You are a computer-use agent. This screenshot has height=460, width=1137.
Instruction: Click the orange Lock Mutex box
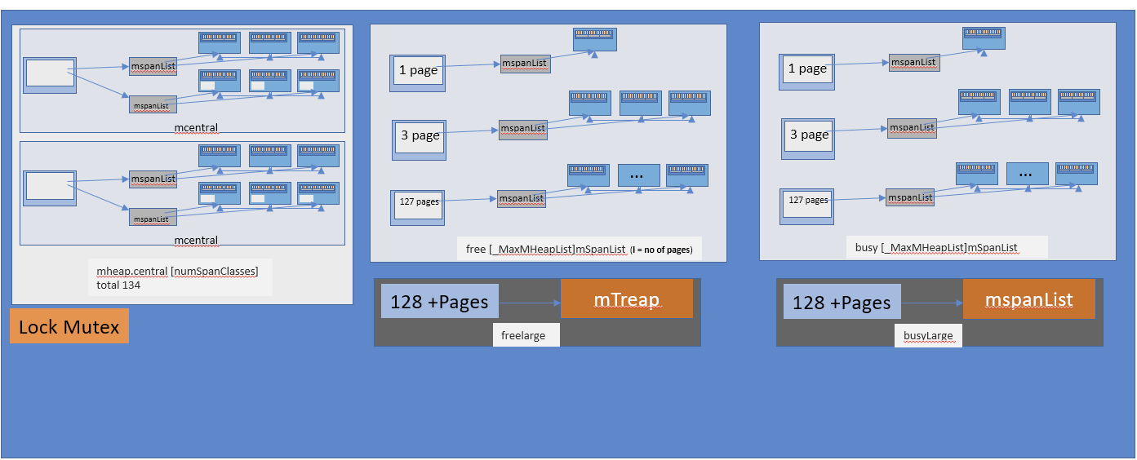pyautogui.click(x=69, y=326)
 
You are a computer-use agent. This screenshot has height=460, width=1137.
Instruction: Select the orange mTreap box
pyautogui.click(x=626, y=299)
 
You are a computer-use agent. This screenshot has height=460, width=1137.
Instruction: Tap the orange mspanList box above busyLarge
pyautogui.click(x=1028, y=299)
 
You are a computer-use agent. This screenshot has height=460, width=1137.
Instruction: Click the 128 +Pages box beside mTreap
pyautogui.click(x=439, y=301)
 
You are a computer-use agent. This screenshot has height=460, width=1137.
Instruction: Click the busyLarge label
pyautogui.click(x=928, y=334)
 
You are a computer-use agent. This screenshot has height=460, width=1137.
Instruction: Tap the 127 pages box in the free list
pyautogui.click(x=418, y=204)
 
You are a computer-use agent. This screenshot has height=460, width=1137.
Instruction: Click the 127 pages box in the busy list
pyautogui.click(x=808, y=202)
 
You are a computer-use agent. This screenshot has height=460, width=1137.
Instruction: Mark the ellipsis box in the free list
pyautogui.click(x=637, y=175)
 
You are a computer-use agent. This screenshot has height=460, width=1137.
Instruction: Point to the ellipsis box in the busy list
pyautogui.click(x=1026, y=174)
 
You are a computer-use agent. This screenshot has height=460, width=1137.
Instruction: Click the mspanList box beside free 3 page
pyautogui.click(x=522, y=129)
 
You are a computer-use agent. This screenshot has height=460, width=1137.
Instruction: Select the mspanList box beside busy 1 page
pyautogui.click(x=913, y=62)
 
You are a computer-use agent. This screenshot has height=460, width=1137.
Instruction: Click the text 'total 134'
pyautogui.click(x=118, y=285)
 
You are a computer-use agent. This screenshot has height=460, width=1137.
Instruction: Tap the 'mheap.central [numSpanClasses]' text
pyautogui.click(x=177, y=270)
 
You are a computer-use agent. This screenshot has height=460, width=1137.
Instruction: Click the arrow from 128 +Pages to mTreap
pyautogui.click(x=529, y=303)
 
